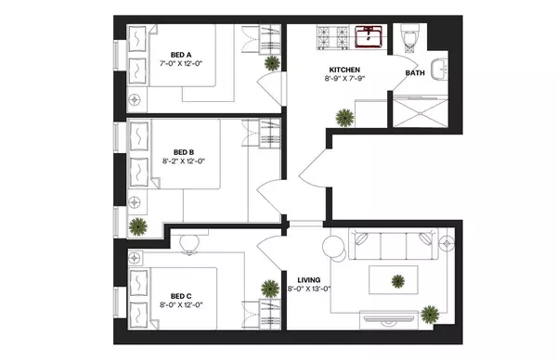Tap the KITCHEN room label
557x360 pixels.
tap(343, 70)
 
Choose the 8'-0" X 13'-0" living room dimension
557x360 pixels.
tap(308, 289)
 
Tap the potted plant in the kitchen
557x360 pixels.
tap(345, 118)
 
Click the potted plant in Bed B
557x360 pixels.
tap(138, 225)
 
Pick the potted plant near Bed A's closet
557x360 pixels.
tap(271, 63)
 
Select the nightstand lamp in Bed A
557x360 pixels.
tap(136, 97)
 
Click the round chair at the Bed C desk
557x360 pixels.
tap(190, 243)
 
